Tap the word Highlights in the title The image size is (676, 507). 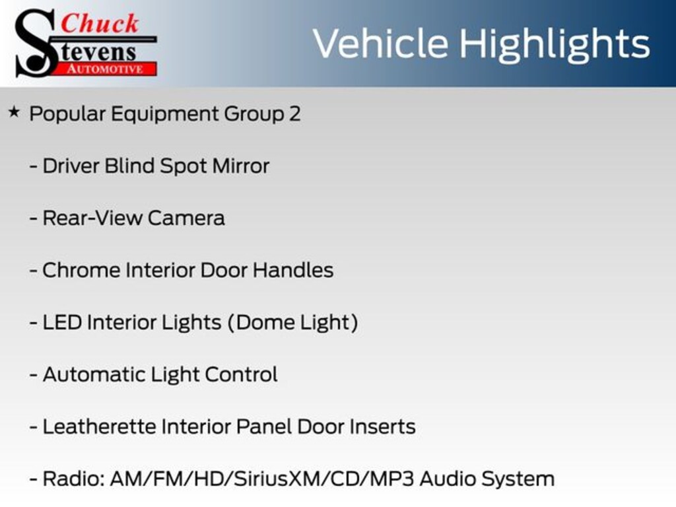555,45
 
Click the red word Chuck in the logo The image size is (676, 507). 100,23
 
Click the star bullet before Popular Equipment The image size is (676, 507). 14,112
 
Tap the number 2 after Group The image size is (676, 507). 295,114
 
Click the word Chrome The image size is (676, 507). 81,270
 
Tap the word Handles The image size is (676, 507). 293,270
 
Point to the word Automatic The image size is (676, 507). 94,375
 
